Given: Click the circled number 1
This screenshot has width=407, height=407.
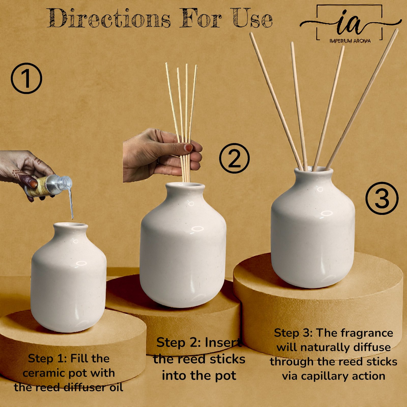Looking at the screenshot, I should (26, 78).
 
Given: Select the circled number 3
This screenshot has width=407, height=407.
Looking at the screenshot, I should (382, 198).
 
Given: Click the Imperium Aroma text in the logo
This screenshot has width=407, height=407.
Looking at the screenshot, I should (350, 41).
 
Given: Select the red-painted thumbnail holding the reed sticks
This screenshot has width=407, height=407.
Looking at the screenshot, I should (188, 148).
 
